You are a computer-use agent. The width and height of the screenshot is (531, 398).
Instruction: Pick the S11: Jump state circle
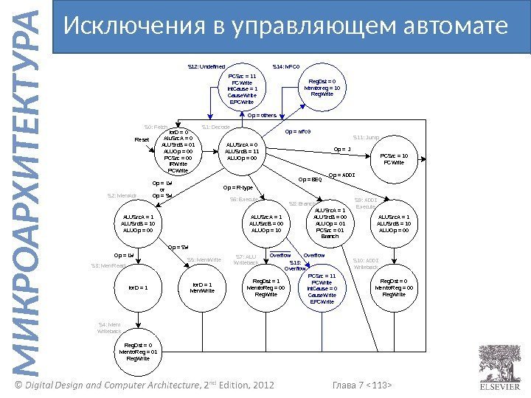(394, 158)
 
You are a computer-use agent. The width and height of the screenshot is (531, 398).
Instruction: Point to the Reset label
(142, 139)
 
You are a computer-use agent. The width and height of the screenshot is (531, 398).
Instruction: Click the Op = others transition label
(262, 115)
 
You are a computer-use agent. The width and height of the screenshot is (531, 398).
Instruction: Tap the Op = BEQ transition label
(310, 179)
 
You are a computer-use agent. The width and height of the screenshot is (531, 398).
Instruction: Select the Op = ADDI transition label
(341, 175)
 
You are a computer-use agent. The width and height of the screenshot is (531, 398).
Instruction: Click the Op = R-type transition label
(237, 188)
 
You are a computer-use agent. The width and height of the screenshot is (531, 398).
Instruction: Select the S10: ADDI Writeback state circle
(394, 287)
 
